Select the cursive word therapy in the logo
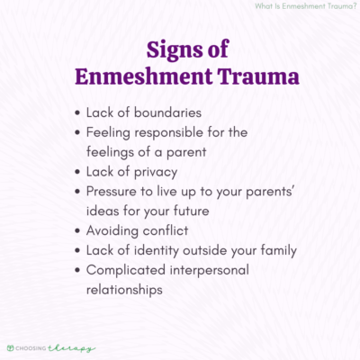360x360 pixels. click(x=76, y=346)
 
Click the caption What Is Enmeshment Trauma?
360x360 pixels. click(x=305, y=9)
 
